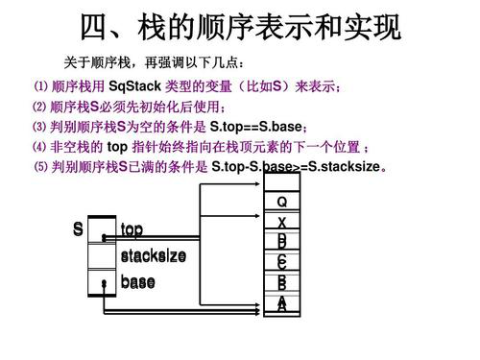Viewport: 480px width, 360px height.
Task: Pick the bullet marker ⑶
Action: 39,128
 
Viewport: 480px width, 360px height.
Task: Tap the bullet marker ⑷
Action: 39,147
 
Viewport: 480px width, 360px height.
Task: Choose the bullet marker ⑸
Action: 39,166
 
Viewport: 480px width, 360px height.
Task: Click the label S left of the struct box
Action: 77,230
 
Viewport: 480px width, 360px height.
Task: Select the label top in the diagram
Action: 132,230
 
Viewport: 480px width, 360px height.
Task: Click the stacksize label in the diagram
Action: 154,257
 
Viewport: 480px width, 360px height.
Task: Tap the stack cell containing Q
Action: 281,204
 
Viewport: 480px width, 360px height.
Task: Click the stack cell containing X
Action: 281,223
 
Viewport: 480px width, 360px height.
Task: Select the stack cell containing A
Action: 281,304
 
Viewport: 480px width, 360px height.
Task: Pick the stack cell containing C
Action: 281,263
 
